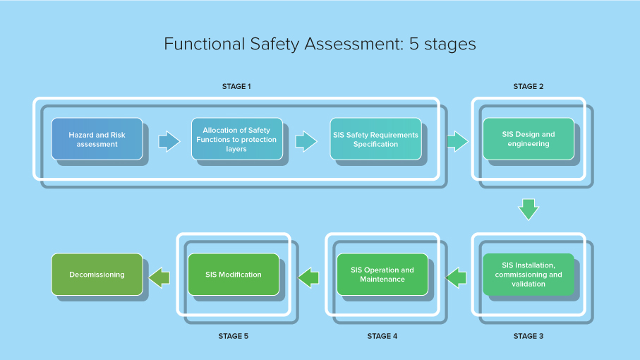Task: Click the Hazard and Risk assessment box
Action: pyautogui.click(x=97, y=139)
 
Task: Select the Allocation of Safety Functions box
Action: pyautogui.click(x=236, y=139)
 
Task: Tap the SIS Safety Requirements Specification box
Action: pyautogui.click(x=375, y=139)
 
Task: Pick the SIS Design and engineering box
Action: pyautogui.click(x=528, y=139)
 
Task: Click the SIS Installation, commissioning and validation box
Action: pyautogui.click(x=528, y=275)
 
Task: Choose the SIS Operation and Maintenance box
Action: pyautogui.click(x=382, y=275)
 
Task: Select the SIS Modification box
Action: pyautogui.click(x=233, y=275)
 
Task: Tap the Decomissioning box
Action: pyautogui.click(x=97, y=275)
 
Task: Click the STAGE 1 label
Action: pyautogui.click(x=236, y=86)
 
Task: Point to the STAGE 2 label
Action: pyautogui.click(x=528, y=86)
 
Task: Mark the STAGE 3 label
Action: pyautogui.click(x=528, y=336)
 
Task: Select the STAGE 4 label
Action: pyautogui.click(x=382, y=336)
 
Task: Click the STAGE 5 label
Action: pyautogui.click(x=233, y=336)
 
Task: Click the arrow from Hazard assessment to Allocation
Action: pyautogui.click(x=169, y=140)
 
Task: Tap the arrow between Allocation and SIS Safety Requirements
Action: pyautogui.click(x=306, y=140)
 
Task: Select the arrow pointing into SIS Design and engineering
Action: pyautogui.click(x=457, y=140)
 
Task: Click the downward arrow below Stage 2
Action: pyautogui.click(x=528, y=209)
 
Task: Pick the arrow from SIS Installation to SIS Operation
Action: pyautogui.click(x=457, y=277)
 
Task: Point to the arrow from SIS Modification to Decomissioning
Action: pyautogui.click(x=159, y=277)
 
